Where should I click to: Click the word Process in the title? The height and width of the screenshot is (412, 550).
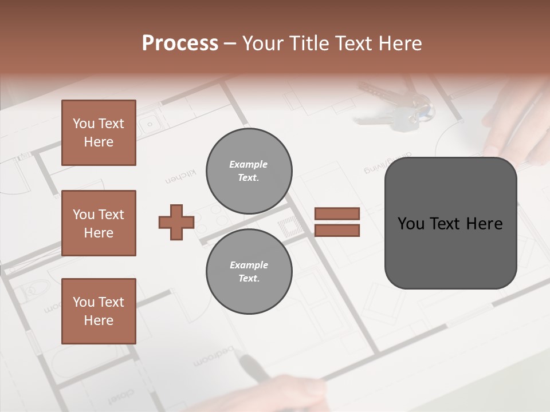tap(180, 43)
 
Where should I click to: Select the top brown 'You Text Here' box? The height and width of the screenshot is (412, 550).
tap(99, 133)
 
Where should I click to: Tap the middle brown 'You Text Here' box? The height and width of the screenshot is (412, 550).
tap(99, 223)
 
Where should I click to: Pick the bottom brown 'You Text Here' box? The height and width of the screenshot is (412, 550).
tap(99, 311)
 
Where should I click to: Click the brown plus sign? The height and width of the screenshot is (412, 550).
tap(176, 222)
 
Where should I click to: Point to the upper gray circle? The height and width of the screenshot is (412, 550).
tap(249, 171)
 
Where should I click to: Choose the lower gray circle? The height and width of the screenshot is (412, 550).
tap(249, 272)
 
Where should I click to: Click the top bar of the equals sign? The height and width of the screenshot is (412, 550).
tap(337, 214)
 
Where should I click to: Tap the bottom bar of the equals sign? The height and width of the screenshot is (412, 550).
tap(337, 230)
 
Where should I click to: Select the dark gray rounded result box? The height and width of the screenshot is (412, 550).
tap(450, 223)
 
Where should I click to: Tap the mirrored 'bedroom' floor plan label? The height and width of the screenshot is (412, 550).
tap(215, 355)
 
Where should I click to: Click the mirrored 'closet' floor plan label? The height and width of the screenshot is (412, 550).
tap(121, 395)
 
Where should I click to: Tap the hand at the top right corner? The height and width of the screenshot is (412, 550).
tap(516, 120)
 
